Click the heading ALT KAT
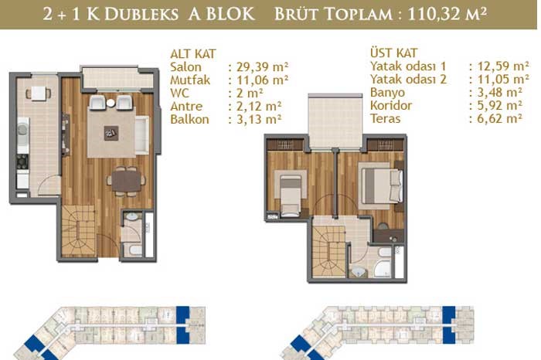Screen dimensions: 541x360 [x=193, y=54]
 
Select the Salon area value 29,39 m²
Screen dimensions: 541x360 [x=262, y=67]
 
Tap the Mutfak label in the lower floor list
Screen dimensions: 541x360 [x=190, y=80]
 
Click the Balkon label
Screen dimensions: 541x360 [x=190, y=119]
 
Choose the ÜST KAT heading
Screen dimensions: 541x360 [x=393, y=53]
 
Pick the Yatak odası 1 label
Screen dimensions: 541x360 [x=408, y=66]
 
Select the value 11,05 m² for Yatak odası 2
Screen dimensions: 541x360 [x=503, y=80]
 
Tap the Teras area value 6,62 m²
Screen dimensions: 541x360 [x=500, y=119]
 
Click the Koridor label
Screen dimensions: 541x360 [x=391, y=106]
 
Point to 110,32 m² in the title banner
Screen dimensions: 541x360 [x=447, y=15]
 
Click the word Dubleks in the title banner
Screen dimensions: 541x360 [x=141, y=15]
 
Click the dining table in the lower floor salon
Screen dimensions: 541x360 [x=126, y=182]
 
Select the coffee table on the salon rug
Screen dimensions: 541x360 [x=111, y=133]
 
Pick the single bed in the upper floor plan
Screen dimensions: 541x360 [x=290, y=193]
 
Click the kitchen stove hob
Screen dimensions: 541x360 [x=22, y=161]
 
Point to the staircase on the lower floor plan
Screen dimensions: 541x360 [x=78, y=231]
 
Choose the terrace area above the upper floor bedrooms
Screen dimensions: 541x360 [x=335, y=121]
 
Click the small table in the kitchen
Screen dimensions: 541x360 [x=39, y=93]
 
